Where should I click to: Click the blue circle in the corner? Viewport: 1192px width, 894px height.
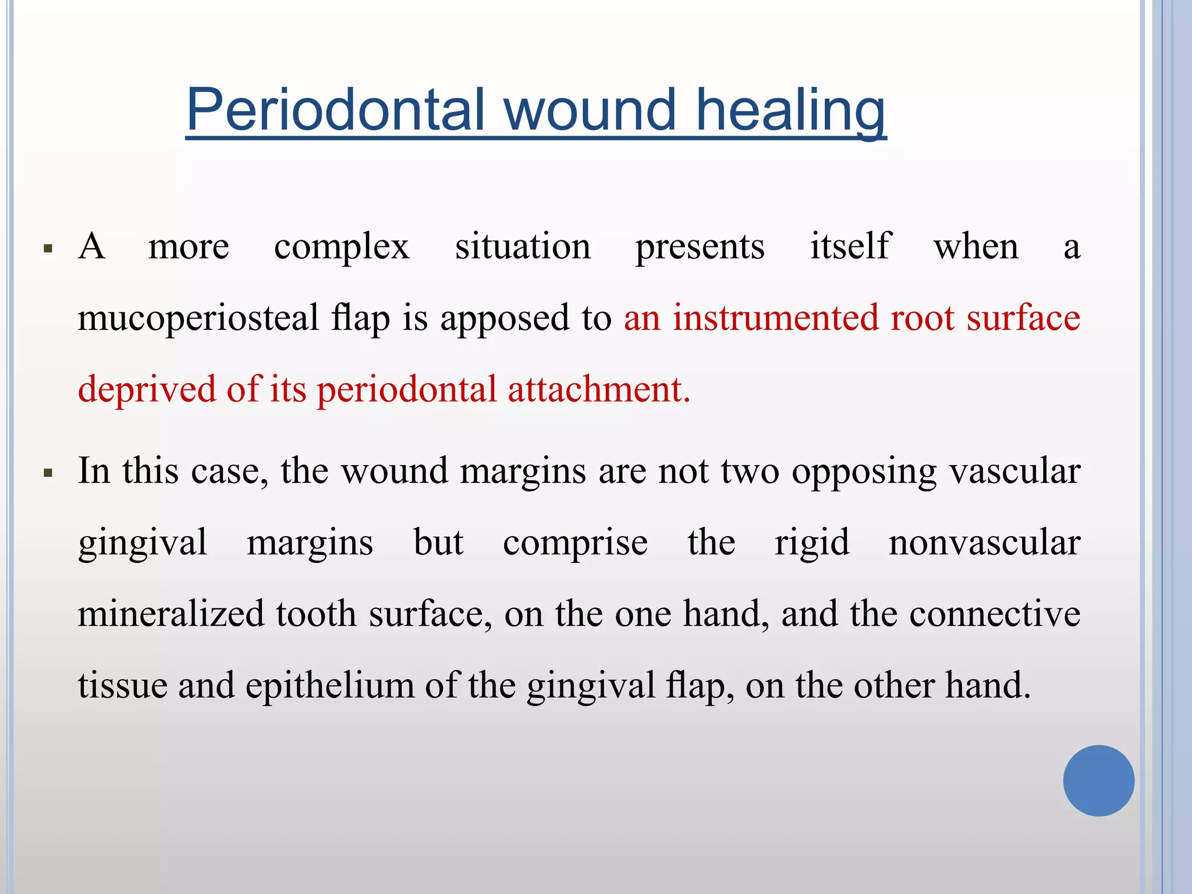(x=1098, y=781)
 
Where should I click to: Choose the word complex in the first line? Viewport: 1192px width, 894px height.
(x=342, y=247)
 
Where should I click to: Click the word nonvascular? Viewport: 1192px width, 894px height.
(x=984, y=542)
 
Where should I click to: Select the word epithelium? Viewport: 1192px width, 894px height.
(x=329, y=686)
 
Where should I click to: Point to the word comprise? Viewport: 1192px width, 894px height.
(x=575, y=544)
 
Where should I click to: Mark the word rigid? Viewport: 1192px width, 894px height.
(x=812, y=544)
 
